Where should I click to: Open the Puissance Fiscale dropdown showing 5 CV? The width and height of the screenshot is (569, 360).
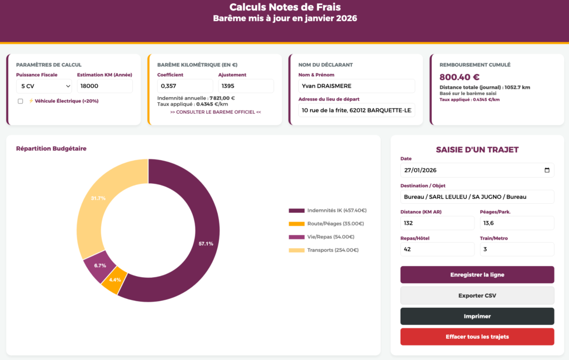point(44,86)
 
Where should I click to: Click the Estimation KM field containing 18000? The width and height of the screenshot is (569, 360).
point(104,86)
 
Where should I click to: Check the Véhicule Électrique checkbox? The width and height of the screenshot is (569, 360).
point(21,101)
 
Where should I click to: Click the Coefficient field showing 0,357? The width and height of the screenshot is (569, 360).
point(185,86)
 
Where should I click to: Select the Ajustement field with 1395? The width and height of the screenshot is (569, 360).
point(246,86)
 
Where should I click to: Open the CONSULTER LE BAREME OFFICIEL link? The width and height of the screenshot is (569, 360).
point(216,112)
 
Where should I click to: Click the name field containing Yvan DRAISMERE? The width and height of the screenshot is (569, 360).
point(356,86)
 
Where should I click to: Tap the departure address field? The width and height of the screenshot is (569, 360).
point(356,111)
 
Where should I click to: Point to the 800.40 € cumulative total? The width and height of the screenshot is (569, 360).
point(460,77)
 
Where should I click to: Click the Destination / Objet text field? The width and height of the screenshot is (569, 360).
point(477,197)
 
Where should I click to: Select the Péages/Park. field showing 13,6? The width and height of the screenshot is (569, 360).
point(517,223)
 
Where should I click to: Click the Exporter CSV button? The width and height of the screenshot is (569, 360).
point(477,296)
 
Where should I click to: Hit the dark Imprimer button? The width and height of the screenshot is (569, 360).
point(477,316)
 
